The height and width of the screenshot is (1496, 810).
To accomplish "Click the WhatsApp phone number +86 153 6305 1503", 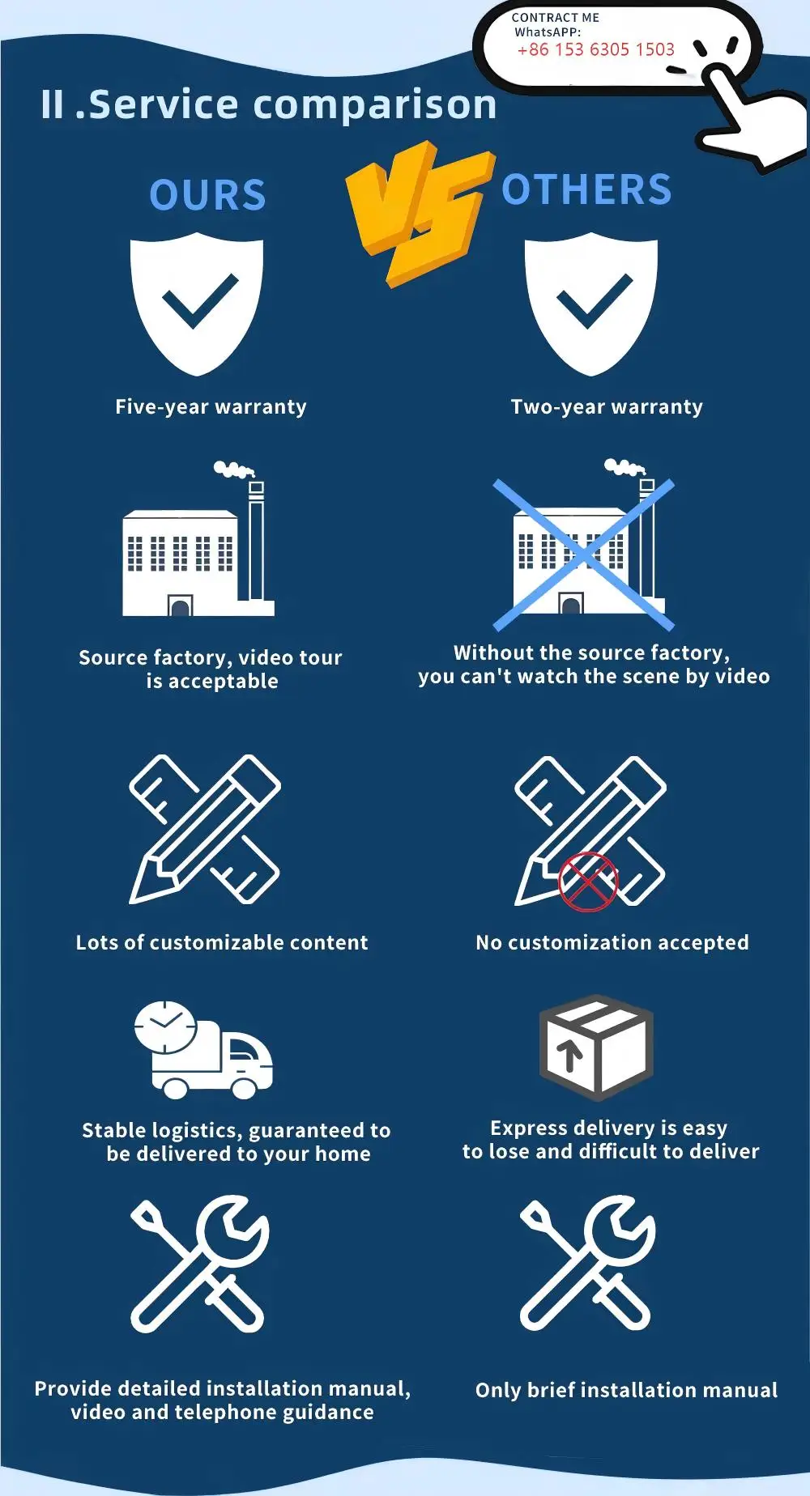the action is click(595, 49).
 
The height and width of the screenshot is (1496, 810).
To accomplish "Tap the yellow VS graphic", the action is click(419, 212).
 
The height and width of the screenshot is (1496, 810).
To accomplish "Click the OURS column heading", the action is click(208, 195).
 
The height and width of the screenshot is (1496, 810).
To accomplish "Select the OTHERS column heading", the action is click(586, 190).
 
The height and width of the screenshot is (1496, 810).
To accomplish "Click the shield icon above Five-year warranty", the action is click(198, 304).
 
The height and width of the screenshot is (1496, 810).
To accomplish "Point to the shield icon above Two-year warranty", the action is click(591, 304).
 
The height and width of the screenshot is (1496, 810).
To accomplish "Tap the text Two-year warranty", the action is click(607, 406).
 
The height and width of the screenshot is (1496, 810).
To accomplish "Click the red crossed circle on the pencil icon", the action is click(588, 882).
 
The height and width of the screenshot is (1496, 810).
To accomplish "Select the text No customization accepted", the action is click(612, 942).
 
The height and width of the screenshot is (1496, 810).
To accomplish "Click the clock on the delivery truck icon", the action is click(165, 1026).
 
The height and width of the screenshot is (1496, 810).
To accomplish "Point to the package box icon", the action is click(596, 1047).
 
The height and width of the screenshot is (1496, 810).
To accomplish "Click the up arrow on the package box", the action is click(570, 1054).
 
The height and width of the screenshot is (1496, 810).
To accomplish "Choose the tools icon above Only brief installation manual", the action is click(587, 1264).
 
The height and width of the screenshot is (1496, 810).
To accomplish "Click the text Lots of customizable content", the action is click(222, 942).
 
